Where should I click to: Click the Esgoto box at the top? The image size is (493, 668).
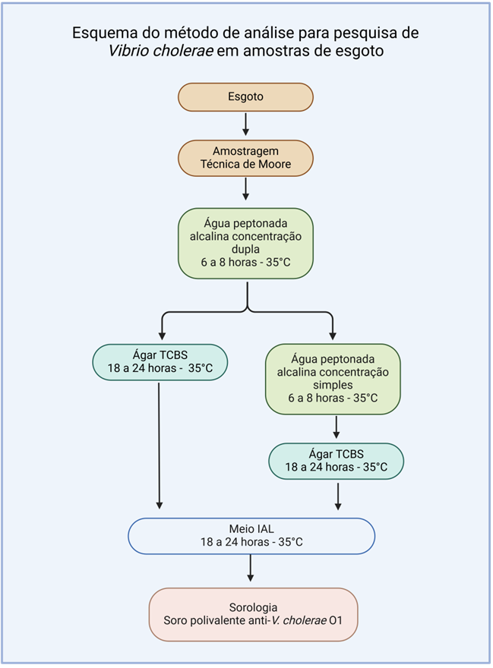point(245,96)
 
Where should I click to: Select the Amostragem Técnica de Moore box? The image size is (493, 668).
point(245,157)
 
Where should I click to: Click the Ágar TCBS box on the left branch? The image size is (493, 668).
point(159,363)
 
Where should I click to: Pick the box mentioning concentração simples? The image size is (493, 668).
point(333,379)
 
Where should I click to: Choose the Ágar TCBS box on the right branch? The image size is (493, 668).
point(336,461)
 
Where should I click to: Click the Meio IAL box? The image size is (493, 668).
point(251,537)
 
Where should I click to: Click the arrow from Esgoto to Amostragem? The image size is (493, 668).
point(245,124)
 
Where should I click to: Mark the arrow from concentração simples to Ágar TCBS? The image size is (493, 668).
point(336,427)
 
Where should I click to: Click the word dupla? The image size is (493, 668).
point(245,249)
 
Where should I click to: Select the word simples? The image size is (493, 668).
point(333,386)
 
